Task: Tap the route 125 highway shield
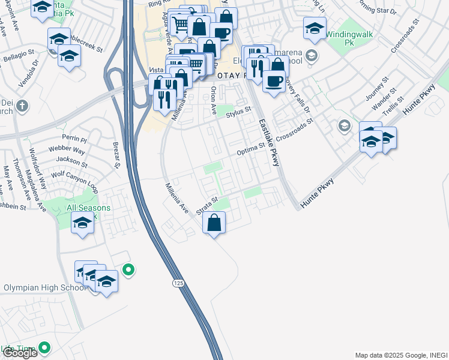[179, 283]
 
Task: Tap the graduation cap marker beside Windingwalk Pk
[315, 28]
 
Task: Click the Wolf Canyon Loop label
[74, 180]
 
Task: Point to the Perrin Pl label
[79, 139]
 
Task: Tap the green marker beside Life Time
[44, 347]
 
